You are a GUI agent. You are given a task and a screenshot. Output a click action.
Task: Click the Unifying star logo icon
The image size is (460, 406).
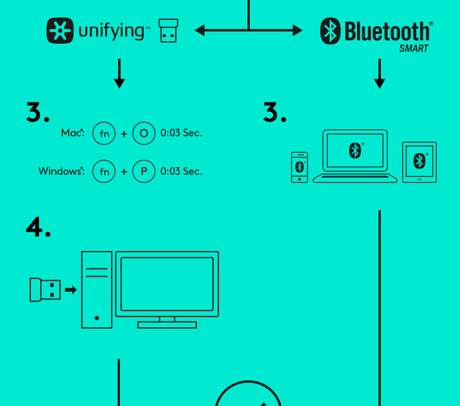click(x=61, y=30)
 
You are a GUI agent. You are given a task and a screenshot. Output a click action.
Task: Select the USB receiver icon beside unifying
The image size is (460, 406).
click(x=168, y=31)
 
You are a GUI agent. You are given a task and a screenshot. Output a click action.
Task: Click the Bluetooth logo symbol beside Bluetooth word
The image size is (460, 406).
click(x=330, y=31)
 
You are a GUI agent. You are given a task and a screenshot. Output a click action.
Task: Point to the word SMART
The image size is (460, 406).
click(x=413, y=49)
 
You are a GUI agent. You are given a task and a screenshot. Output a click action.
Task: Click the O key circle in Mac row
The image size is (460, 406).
click(x=144, y=133)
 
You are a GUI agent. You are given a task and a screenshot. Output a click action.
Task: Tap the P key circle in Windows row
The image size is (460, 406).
click(x=144, y=171)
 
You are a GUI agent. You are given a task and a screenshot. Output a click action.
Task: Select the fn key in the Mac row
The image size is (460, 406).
click(x=104, y=133)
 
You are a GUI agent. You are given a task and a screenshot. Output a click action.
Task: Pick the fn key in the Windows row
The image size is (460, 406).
click(x=104, y=171)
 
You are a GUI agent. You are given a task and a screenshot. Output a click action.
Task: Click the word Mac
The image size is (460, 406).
click(x=72, y=133)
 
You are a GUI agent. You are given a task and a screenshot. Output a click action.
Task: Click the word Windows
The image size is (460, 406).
click(x=59, y=171)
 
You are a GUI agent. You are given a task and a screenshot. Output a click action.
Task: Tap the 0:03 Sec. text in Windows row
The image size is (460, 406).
click(x=181, y=171)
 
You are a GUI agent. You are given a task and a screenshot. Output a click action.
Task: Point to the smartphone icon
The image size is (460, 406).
click(x=299, y=167)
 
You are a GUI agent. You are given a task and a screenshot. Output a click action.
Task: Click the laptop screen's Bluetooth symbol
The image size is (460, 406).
click(x=355, y=150)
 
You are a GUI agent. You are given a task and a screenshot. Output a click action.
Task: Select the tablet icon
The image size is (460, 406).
click(x=419, y=162)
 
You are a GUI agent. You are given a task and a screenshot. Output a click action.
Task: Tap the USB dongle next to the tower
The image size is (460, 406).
click(x=45, y=290)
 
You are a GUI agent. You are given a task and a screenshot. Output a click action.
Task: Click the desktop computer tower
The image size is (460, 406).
click(x=97, y=290)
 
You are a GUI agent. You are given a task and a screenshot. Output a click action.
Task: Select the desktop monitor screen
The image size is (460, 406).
click(x=167, y=284)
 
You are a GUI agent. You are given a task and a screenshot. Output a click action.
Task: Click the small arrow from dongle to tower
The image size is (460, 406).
click(x=70, y=290)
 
